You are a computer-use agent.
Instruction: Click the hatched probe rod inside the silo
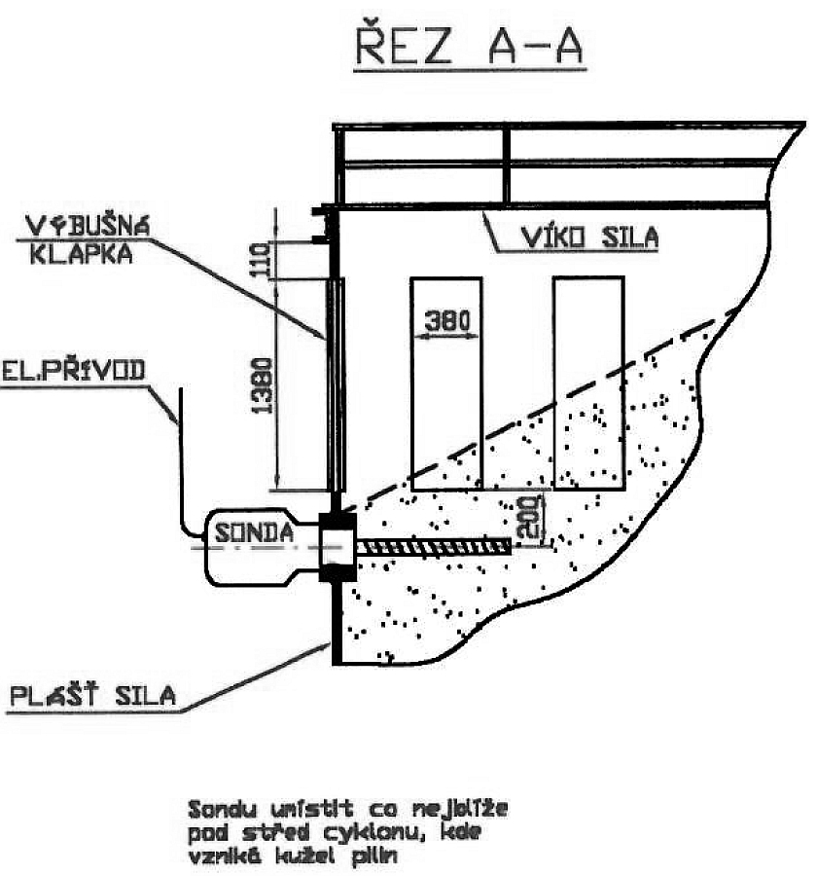433,548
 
